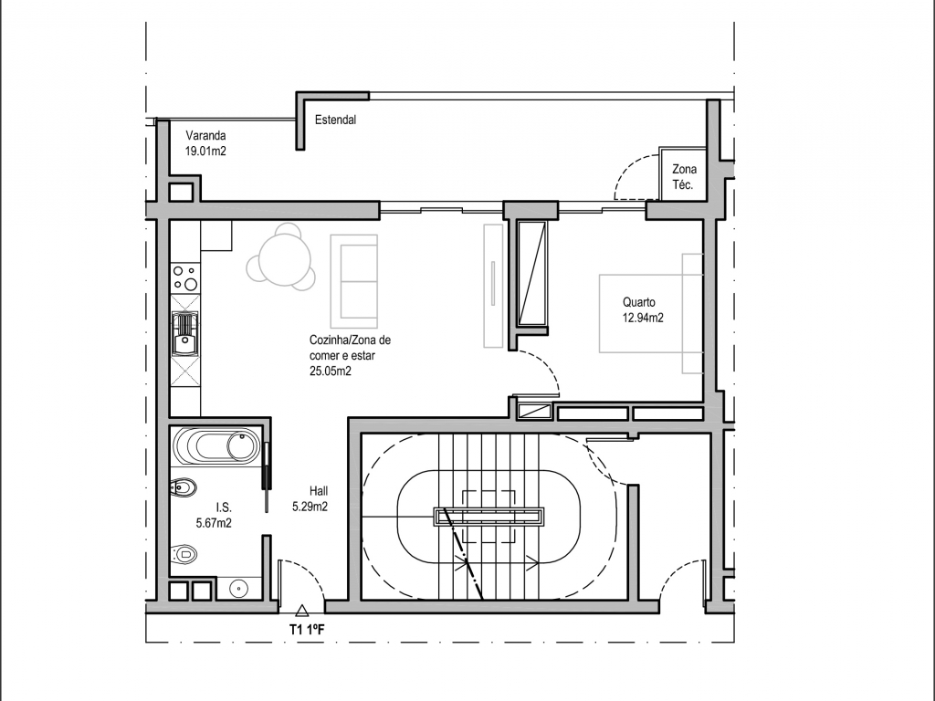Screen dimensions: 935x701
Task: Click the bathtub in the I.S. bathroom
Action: point(216,446)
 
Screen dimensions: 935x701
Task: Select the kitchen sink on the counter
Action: point(184,334)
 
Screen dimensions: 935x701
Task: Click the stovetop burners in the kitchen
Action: point(184,278)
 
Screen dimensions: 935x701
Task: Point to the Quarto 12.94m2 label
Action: point(643,310)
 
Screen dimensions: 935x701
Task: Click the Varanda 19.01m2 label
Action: point(205,143)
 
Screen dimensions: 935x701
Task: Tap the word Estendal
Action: point(335,120)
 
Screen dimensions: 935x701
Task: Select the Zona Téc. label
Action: point(684,177)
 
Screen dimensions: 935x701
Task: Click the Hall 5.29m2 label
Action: point(310,499)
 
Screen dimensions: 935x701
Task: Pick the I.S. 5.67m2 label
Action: point(214,516)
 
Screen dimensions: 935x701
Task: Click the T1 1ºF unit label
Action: point(307,630)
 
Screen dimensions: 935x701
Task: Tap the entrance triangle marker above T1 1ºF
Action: point(301,610)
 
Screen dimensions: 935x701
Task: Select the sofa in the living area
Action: point(354,281)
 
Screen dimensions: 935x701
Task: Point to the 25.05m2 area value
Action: point(330,371)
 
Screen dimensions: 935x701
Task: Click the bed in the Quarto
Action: point(651,314)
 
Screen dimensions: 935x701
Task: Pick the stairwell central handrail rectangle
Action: point(489,517)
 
